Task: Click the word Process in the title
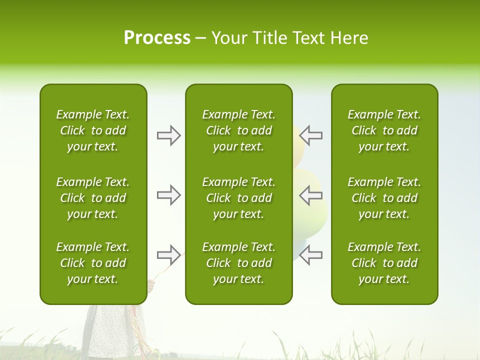[157, 38]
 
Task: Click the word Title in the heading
[269, 38]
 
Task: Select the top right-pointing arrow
[168, 135]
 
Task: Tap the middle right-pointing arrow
[168, 195]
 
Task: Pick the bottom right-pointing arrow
[168, 255]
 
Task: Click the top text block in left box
[93, 130]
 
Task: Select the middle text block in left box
[93, 198]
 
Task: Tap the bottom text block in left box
[93, 263]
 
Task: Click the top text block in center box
[238, 130]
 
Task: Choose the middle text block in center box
[238, 198]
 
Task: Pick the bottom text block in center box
[238, 263]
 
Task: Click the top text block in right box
[384, 130]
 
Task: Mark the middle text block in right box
[384, 198]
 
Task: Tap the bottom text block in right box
[384, 263]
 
